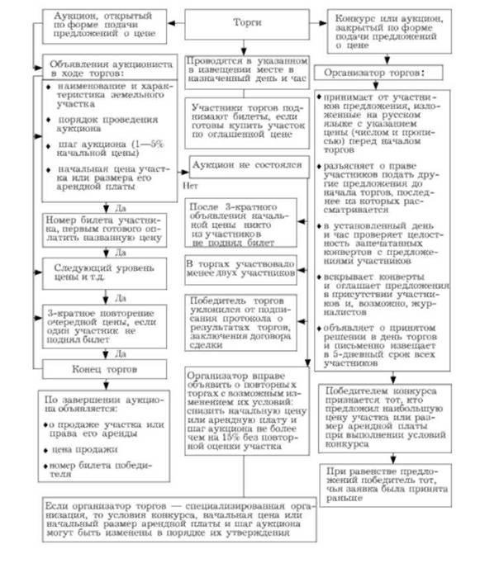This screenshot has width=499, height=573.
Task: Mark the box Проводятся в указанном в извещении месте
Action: [x=247, y=67]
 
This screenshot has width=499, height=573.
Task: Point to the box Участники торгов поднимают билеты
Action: [x=247, y=119]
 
